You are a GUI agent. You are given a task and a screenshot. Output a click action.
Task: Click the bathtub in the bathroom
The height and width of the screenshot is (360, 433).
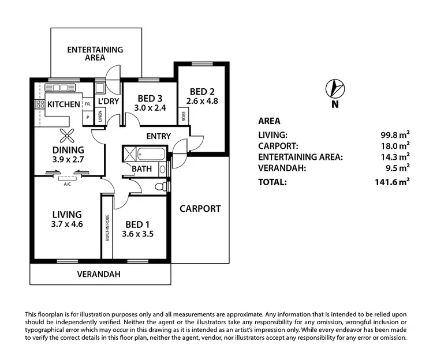pos(149,154)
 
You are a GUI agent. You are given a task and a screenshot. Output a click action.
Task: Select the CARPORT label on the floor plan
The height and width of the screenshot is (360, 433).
pos(199,208)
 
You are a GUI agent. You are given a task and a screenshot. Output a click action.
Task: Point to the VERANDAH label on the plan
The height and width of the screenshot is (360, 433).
pos(99,275)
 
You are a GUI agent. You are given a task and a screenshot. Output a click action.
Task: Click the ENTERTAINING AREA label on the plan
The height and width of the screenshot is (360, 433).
pos(95,54)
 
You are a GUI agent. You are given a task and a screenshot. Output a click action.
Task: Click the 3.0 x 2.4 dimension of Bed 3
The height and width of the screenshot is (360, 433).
pos(150,107)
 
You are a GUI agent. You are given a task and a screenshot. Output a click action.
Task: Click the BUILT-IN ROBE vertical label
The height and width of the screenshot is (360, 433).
pos(107,227)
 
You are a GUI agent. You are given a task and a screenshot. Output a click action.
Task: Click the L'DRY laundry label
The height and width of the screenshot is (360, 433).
pos(109,102)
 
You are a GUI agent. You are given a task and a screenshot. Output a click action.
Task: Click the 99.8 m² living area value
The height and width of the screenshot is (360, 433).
pos(395,136)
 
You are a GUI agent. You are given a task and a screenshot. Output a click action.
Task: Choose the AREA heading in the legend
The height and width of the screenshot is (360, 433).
pos(269,121)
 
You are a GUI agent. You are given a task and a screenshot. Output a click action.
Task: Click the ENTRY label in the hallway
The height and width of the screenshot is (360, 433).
pos(158,136)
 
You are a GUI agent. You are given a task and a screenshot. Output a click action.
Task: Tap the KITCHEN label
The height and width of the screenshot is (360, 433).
pos(64,104)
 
